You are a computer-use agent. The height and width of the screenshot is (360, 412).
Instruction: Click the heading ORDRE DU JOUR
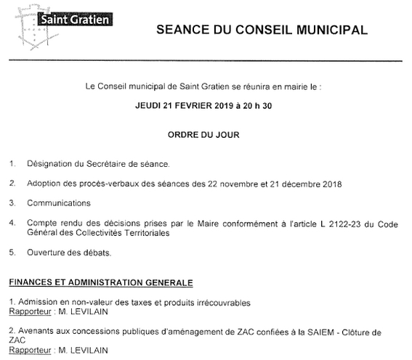[x=207, y=134]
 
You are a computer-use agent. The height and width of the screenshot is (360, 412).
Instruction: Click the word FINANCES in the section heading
[x=28, y=280]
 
